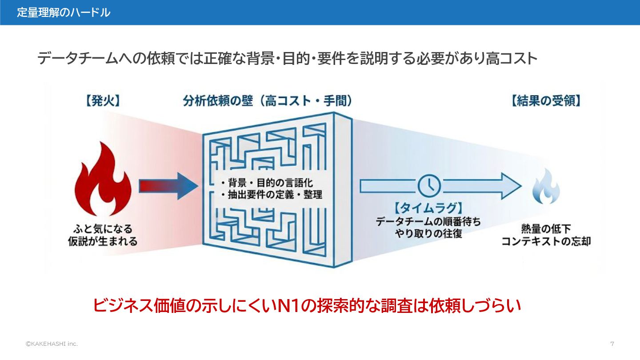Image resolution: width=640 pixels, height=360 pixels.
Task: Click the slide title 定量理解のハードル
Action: pos(64,12)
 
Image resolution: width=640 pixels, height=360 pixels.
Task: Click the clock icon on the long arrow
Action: pos(429,186)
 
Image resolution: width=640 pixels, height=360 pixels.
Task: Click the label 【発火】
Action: pos(102,101)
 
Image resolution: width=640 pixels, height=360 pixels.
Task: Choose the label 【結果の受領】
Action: pos(546,101)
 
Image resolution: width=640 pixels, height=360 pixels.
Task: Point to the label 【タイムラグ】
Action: pos(428,208)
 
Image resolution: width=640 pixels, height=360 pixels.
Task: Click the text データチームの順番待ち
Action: pos(428,221)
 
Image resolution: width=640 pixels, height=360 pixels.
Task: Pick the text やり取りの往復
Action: pos(428,233)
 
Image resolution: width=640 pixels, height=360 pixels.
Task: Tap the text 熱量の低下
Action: pos(546,229)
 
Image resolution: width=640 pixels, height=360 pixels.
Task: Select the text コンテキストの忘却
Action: pos(546,242)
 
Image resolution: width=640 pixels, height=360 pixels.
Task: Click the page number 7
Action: pos(612,344)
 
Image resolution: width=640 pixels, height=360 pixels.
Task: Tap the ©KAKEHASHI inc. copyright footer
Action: pos(52,344)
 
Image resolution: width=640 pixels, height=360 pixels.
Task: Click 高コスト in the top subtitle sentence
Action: pos(512,59)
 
